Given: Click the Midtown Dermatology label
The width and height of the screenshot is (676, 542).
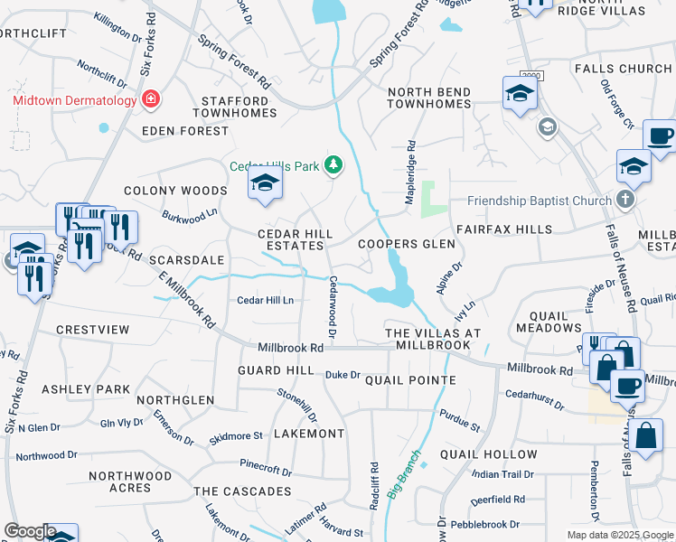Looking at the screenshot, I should click(x=73, y=99).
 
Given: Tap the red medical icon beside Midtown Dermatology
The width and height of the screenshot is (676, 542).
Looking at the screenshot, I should click(x=152, y=99).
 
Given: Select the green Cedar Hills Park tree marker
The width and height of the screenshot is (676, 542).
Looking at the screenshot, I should click(x=334, y=164).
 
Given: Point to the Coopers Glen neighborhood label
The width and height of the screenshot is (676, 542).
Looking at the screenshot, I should click(x=406, y=244).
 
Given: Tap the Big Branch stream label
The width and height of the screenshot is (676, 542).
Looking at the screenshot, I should click(x=404, y=475).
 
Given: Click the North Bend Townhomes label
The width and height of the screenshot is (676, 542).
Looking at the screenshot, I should click(x=429, y=98).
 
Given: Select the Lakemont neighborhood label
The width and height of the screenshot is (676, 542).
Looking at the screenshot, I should click(x=309, y=434).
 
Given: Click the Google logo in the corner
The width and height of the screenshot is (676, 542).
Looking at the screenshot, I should click(x=29, y=531).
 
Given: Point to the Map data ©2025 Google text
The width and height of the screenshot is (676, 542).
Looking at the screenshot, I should click(x=619, y=535).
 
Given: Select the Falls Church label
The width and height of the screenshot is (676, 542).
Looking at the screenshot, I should click(x=622, y=69).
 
